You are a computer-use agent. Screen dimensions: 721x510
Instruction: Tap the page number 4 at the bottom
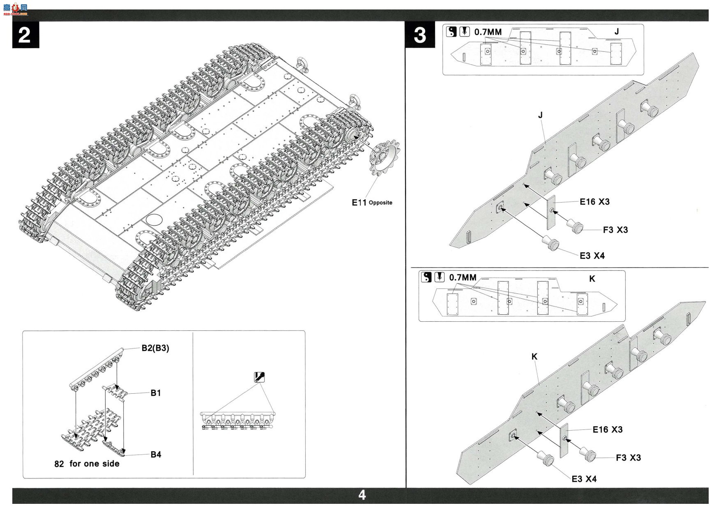[x=362, y=495]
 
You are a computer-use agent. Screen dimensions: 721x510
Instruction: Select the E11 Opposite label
[x=372, y=202]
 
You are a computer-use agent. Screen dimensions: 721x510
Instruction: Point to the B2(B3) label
[x=155, y=348]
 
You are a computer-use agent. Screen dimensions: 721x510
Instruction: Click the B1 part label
[x=156, y=393]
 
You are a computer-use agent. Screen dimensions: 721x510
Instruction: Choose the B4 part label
[x=156, y=454]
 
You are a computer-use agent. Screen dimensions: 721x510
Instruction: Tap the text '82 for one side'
[x=87, y=464]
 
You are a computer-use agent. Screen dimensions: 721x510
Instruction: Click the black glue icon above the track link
[x=260, y=377]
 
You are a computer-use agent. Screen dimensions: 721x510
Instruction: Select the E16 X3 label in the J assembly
[x=594, y=202]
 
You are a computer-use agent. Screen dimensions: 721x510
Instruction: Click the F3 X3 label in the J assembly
[x=615, y=230]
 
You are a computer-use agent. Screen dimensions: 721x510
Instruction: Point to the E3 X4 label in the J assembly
[x=592, y=256]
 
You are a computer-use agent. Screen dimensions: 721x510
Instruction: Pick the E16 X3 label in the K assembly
[x=607, y=429]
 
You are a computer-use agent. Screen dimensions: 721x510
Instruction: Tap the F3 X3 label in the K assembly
[x=628, y=457]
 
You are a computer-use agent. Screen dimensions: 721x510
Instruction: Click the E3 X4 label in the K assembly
[x=584, y=479]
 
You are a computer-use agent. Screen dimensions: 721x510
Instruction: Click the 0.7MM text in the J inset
[x=488, y=32]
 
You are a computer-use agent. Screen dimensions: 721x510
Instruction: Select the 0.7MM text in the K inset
[x=463, y=277]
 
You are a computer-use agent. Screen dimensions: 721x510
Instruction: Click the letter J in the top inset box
[x=616, y=32]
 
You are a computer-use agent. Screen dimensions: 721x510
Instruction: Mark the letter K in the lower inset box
[x=592, y=279]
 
